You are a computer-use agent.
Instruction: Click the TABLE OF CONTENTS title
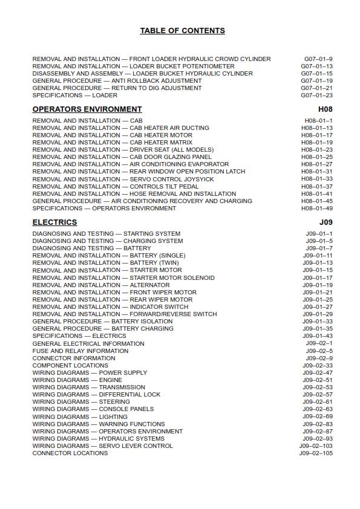click(182, 31)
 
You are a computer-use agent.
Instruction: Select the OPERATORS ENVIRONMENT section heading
click(87, 109)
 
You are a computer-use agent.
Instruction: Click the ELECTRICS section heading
click(54, 222)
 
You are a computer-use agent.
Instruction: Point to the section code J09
click(326, 222)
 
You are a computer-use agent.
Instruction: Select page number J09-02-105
click(316, 453)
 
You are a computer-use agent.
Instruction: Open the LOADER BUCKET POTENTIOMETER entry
click(133, 66)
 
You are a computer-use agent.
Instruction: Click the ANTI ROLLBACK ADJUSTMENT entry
click(117, 81)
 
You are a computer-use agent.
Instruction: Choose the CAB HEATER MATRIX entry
click(113, 143)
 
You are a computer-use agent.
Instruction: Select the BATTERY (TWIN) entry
click(106, 263)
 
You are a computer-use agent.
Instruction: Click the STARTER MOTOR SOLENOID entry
click(123, 278)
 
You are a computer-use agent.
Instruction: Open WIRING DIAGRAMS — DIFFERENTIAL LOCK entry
click(97, 395)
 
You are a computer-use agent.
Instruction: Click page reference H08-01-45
click(317, 201)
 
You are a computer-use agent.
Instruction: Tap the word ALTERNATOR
click(149, 285)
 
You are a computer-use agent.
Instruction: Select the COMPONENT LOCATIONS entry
click(70, 366)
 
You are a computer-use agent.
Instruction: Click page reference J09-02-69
click(318, 417)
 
